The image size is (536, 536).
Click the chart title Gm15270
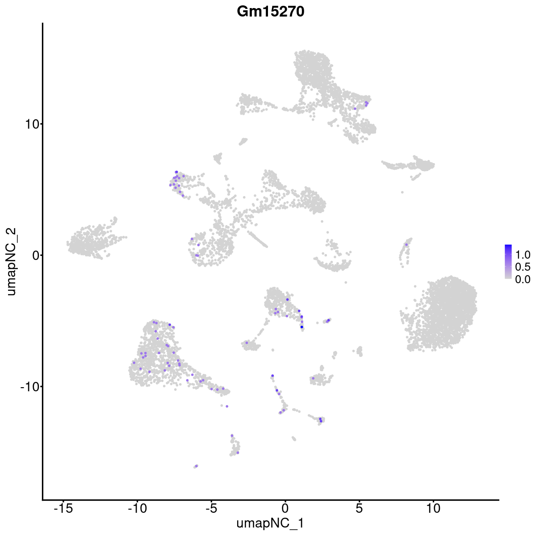coord(271,12)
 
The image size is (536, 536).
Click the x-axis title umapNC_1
coord(270,523)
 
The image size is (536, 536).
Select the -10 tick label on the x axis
coord(137,508)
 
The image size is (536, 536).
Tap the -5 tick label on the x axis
coord(211,508)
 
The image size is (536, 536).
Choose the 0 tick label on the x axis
coord(285,508)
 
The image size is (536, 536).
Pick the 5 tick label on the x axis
coord(359,508)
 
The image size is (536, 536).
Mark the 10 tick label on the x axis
coord(433,508)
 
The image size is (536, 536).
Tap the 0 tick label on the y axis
coord(33,255)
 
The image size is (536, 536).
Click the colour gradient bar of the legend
coord(508,262)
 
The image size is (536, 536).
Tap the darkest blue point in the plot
coord(302,327)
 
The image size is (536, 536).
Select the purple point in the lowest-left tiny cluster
coord(197,465)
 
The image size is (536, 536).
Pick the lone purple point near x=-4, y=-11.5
coord(227,406)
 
